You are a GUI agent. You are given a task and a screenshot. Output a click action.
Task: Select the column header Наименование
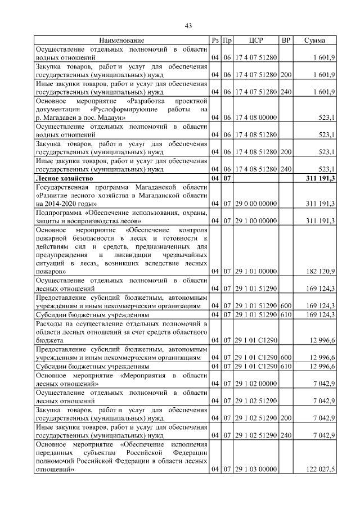[x=121, y=40]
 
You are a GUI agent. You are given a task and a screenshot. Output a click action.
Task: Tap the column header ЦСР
[x=256, y=40]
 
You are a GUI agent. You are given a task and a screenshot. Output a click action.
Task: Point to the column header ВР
[x=286, y=40]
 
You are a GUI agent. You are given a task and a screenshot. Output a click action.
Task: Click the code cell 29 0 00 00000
[x=256, y=203]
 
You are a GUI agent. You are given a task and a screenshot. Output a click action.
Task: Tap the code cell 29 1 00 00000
[x=256, y=220]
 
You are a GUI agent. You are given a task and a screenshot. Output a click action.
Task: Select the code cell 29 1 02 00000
[x=256, y=384]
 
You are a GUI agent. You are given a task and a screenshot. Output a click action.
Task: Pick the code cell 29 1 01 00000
[x=256, y=272]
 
